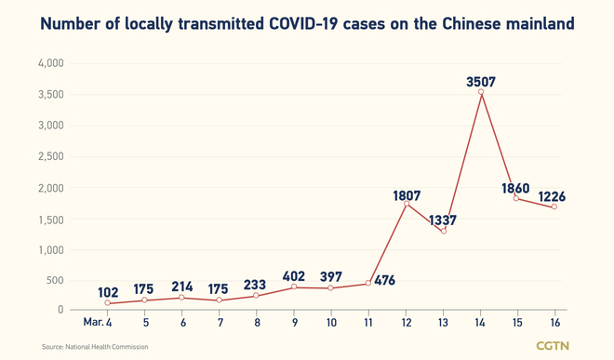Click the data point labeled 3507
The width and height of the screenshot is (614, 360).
(x=481, y=91)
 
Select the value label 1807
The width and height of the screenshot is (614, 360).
(x=407, y=196)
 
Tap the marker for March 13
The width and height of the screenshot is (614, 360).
(x=444, y=231)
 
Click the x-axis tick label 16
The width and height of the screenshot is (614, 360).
(x=555, y=322)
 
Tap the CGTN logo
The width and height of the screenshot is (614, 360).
(x=560, y=346)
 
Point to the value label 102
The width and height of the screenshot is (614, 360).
(x=109, y=291)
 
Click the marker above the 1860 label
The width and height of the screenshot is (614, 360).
(x=517, y=198)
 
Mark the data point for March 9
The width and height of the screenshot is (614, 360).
(x=294, y=287)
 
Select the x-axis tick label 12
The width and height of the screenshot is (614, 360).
(x=407, y=322)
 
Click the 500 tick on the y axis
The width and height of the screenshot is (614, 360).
(x=55, y=281)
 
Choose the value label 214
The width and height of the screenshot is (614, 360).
(x=182, y=287)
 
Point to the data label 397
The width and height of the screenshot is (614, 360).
(x=332, y=276)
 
